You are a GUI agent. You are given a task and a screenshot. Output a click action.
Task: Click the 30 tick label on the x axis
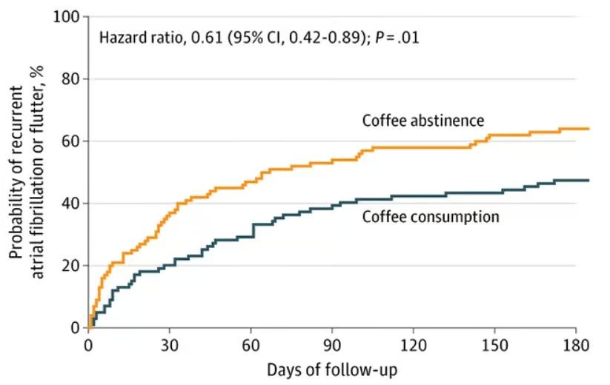[170, 345]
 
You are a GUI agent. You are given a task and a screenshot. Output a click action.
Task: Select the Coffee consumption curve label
[430, 217]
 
